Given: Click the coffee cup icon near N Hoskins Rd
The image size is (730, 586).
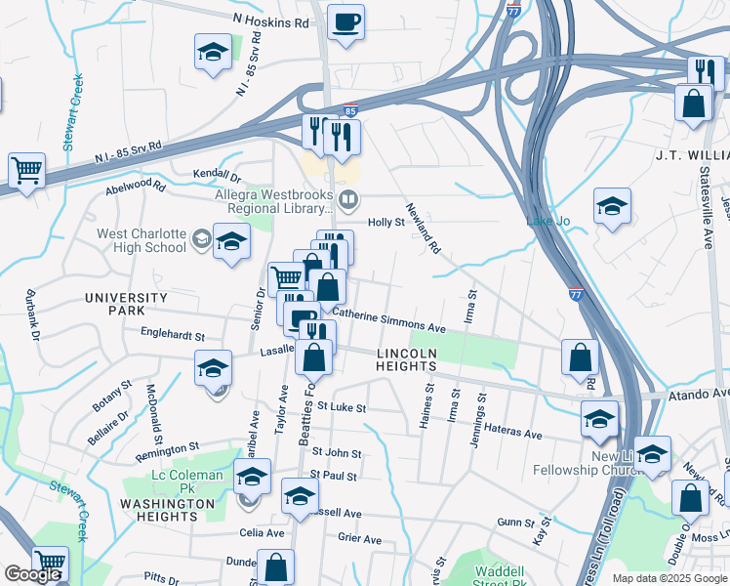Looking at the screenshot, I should [x=345, y=21].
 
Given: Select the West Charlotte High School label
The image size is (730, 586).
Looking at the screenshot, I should [x=141, y=240].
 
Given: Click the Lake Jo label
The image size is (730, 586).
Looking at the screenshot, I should [x=547, y=221].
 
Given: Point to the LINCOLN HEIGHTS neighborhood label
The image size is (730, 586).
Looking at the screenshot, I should [x=406, y=358].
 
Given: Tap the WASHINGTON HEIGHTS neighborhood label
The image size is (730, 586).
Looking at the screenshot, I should [x=167, y=510].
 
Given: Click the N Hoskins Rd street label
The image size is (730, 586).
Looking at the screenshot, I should [x=270, y=19].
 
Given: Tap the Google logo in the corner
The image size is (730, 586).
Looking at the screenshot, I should [x=32, y=574].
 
